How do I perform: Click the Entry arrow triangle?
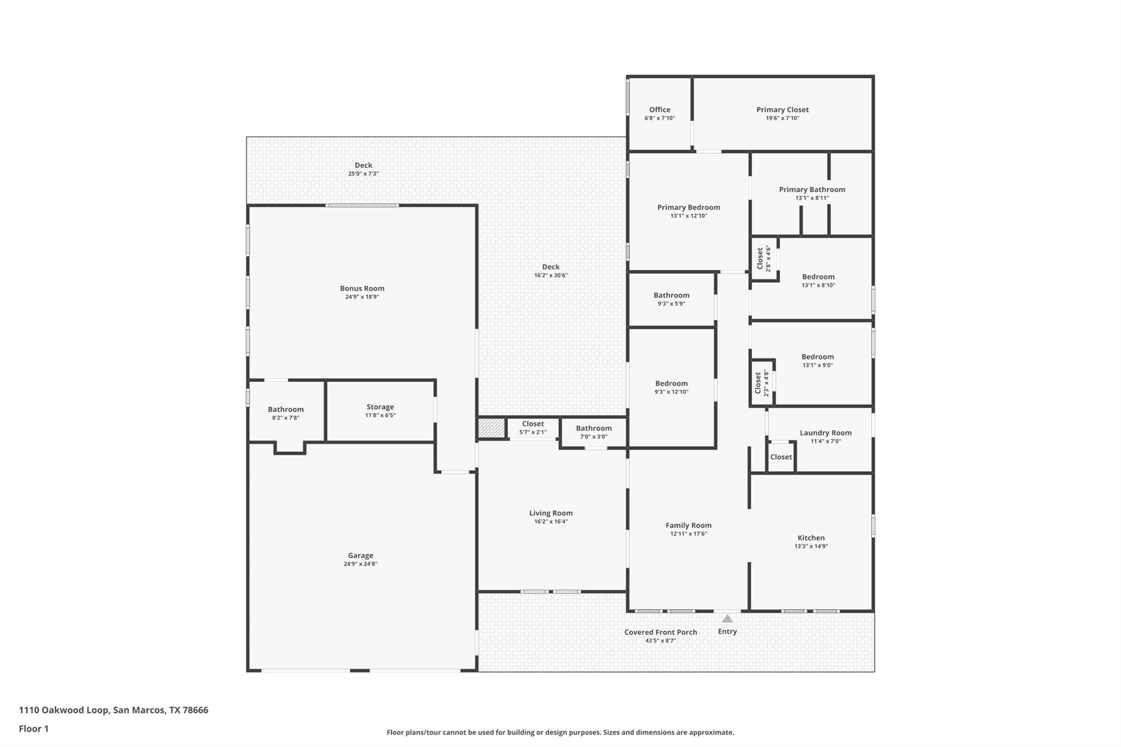(727, 619)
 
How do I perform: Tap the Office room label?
(660, 109)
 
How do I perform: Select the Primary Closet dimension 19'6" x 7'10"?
(782, 118)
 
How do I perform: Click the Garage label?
(360, 555)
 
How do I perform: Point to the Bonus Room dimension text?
(362, 297)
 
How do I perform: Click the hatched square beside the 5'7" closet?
(491, 428)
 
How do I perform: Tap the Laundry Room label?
(825, 432)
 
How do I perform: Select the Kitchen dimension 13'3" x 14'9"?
(811, 546)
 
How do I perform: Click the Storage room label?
(380, 407)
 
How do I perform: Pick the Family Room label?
(688, 525)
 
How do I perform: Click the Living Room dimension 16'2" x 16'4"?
(551, 522)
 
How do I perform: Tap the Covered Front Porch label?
(660, 632)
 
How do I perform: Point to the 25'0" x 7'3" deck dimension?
(363, 174)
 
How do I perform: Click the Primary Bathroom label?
(812, 189)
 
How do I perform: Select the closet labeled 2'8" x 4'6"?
(764, 258)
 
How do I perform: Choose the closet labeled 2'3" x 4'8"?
(761, 383)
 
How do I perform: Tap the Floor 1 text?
(33, 728)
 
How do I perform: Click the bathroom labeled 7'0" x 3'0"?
(593, 432)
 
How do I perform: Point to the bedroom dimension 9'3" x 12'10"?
(671, 392)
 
